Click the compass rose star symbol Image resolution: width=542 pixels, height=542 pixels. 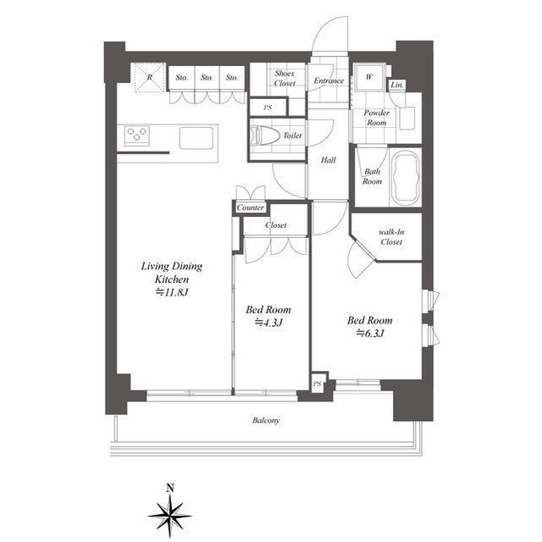coord(169,516)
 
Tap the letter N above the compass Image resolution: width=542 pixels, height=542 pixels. coord(169,488)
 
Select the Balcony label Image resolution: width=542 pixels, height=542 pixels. coord(266,421)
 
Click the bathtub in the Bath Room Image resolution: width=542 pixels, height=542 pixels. coord(406,178)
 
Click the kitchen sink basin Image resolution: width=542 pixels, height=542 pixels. coord(196,138)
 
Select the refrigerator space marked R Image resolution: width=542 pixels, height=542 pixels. coord(150,77)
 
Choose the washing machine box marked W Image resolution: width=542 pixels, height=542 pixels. coord(369,77)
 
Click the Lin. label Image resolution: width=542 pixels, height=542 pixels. coord(397,85)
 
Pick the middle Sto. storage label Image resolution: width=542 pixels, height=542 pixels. coord(207,78)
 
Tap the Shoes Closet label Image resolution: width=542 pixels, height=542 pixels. coord(285,79)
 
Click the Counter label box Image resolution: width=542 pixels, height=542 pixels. coord(251,207)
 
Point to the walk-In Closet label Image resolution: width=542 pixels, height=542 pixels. coord(391,237)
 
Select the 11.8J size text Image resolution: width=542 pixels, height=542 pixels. coord(172,292)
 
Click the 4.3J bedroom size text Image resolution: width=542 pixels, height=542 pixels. coord(268,323)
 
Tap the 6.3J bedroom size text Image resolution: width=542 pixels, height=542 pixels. coord(370,333)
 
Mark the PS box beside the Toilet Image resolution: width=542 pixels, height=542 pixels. coord(268,108)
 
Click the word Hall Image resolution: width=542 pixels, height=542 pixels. coord(328,160)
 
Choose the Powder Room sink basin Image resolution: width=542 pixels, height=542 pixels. coord(406,119)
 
